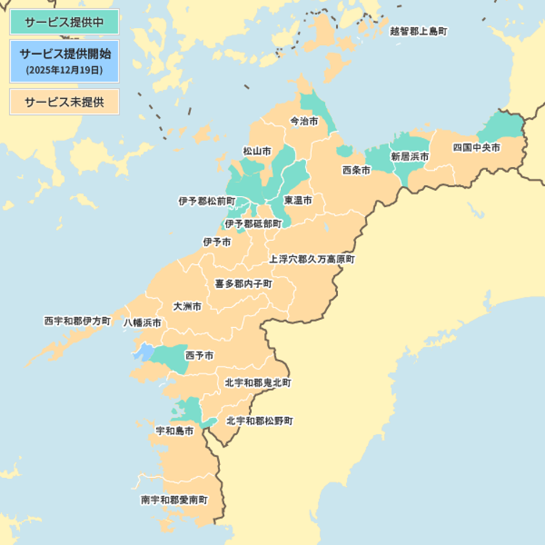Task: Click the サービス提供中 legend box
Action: coord(64,22)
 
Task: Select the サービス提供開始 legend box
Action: coord(64,61)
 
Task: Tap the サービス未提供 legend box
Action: coord(64,102)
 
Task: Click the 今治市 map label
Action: coord(304,121)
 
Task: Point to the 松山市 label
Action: coord(257,151)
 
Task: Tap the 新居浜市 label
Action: coord(410,156)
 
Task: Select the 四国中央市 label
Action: coord(476,148)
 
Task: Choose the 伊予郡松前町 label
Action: coord(207,201)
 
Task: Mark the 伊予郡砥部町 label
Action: coord(253,223)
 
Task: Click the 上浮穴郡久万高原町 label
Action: coord(311,259)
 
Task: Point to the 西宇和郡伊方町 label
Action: coord(77,320)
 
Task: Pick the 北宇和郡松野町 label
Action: coord(260,420)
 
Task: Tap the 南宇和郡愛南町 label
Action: coord(174,499)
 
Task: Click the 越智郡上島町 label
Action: coord(419,31)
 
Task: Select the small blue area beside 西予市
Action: coord(142,352)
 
